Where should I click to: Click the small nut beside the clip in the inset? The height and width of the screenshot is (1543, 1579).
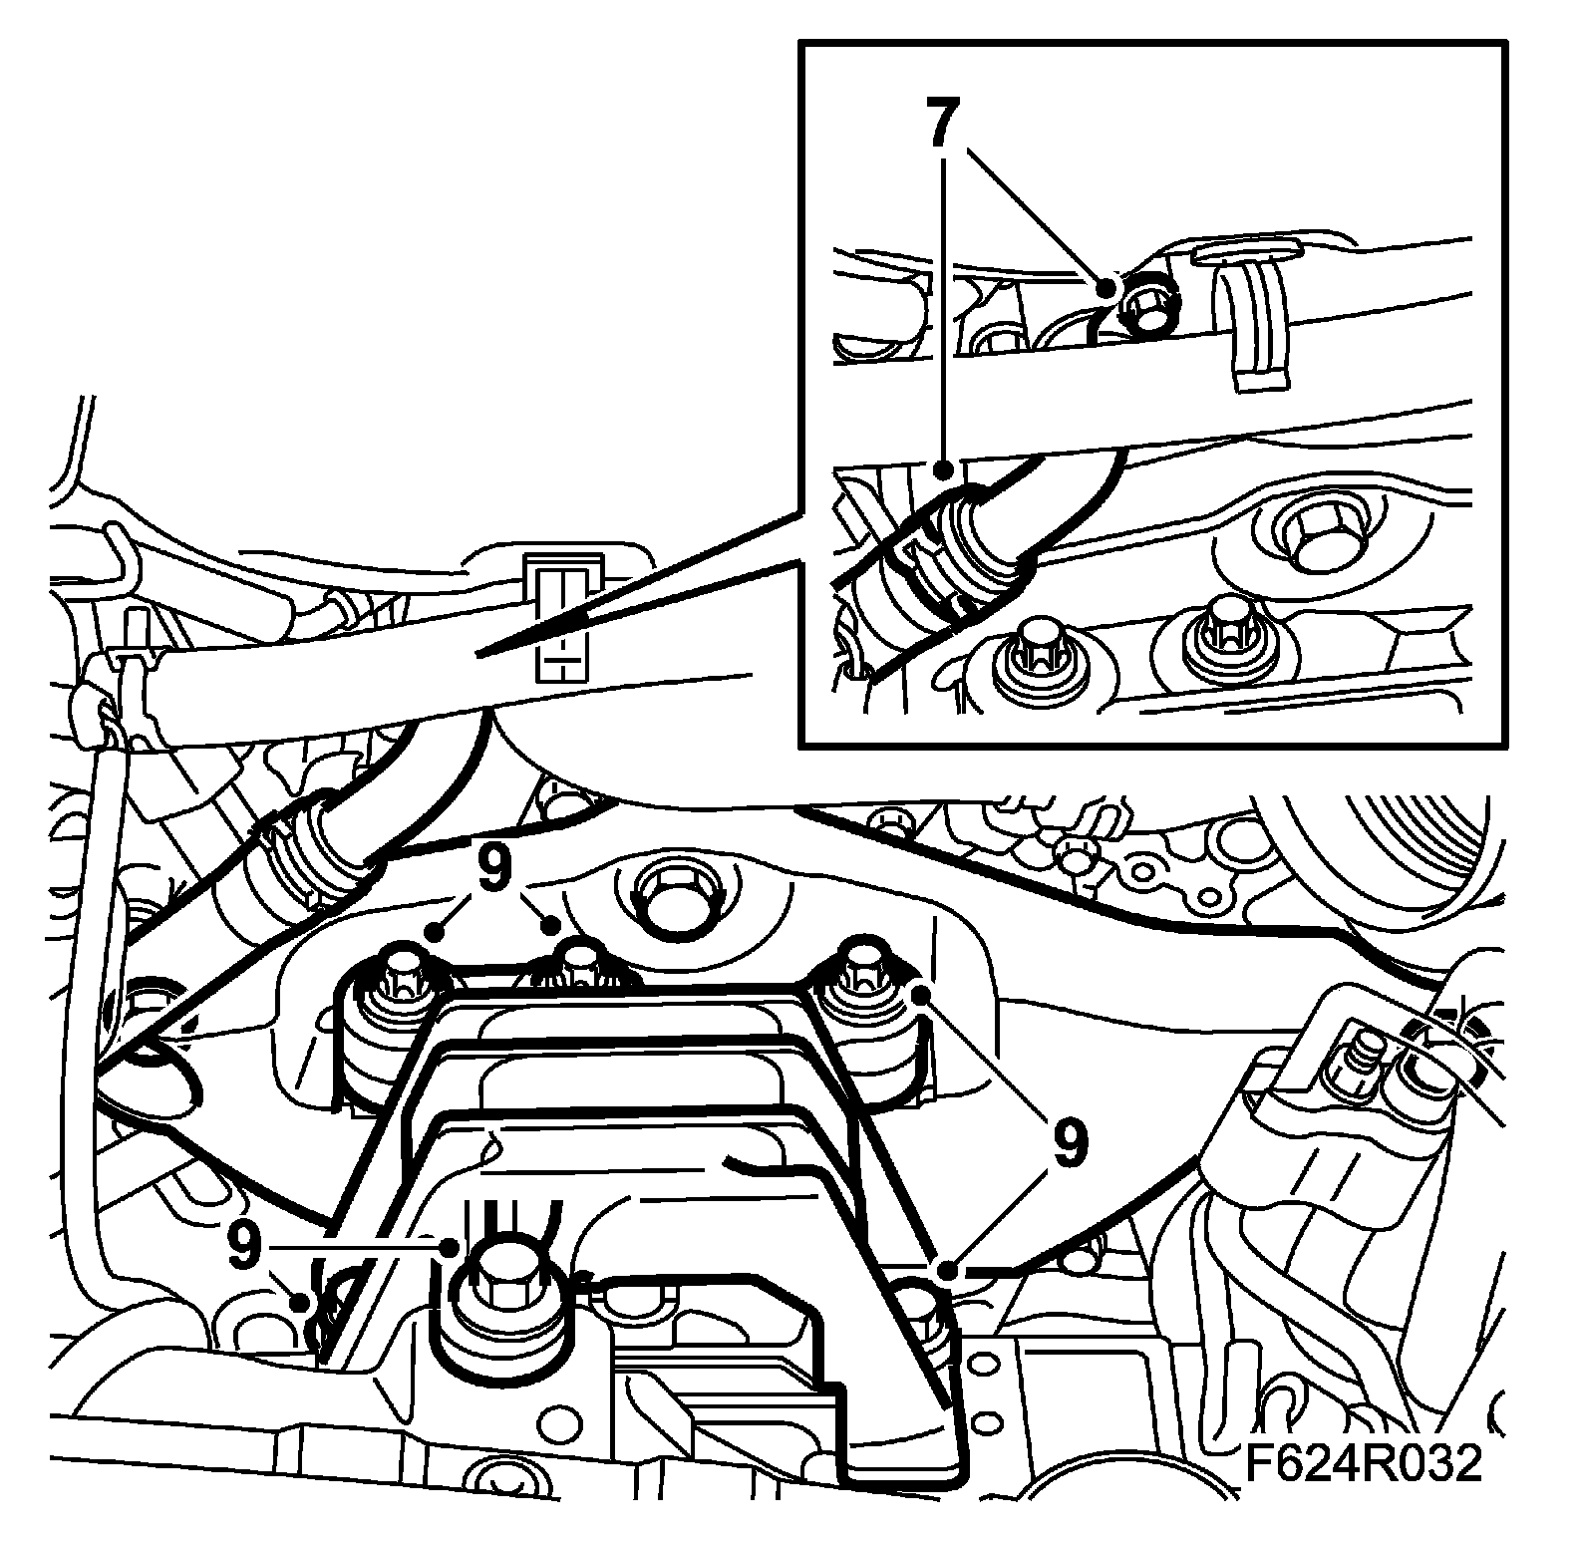tap(1147, 301)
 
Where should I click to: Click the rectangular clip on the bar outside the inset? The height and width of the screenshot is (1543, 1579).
tap(564, 618)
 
